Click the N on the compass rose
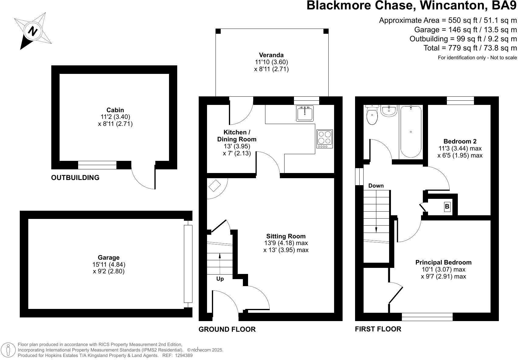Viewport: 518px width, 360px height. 33,31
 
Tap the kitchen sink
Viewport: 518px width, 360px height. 305,113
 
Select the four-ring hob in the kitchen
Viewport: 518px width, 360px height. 325,139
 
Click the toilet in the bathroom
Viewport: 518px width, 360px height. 372,115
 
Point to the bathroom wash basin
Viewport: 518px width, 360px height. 389,111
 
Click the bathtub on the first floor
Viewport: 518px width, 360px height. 411,132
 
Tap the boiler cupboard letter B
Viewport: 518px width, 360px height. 447,206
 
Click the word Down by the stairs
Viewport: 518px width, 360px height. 376,185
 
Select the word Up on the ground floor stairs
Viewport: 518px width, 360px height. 220,279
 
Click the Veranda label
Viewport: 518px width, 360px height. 271,55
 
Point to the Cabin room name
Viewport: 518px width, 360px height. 115,110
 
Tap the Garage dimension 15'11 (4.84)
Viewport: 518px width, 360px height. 109,264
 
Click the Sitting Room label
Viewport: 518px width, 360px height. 286,236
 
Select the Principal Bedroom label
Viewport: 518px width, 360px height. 443,262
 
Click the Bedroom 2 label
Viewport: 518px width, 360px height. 460,141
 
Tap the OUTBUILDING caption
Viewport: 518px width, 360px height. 75,178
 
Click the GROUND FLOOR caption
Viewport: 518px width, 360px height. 227,329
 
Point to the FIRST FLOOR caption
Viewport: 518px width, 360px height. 378,329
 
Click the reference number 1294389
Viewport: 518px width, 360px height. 184,355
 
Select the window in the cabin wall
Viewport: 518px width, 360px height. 97,165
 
